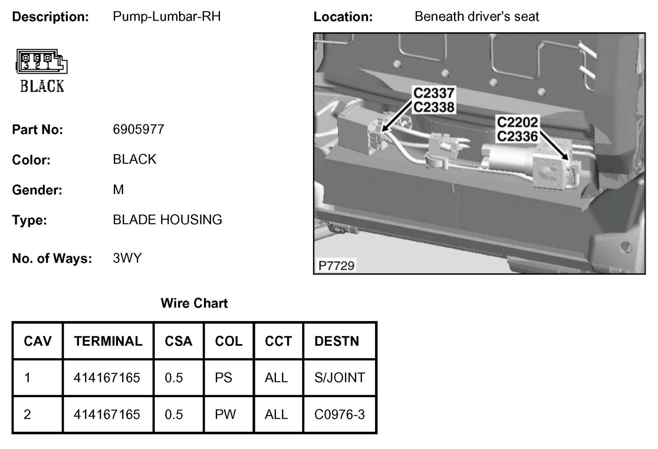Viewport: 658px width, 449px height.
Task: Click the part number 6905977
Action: click(x=138, y=130)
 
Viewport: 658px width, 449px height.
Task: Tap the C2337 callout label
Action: click(x=433, y=93)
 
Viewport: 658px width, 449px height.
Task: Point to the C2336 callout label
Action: click(x=517, y=136)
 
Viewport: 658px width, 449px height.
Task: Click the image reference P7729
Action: click(x=336, y=265)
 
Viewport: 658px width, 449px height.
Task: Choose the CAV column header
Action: click(x=38, y=341)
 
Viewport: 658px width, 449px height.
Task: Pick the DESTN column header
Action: click(x=336, y=341)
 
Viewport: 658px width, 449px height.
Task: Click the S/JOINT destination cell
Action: click(x=339, y=378)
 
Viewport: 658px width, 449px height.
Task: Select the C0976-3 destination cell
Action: click(x=339, y=414)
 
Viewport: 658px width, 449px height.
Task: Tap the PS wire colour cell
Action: click(x=223, y=378)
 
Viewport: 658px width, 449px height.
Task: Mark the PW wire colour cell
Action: click(x=225, y=414)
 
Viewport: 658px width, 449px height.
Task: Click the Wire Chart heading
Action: click(x=194, y=303)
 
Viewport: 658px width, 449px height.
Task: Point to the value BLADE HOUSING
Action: click(x=167, y=220)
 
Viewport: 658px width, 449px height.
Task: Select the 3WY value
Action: click(x=127, y=258)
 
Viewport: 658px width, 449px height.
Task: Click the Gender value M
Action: click(x=118, y=190)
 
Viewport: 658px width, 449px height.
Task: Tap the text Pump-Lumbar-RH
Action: click(x=167, y=16)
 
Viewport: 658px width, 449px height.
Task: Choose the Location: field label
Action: click(x=343, y=17)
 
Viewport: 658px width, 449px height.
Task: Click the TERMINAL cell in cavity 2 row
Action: click(x=107, y=414)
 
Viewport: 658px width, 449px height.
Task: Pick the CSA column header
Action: click(x=178, y=341)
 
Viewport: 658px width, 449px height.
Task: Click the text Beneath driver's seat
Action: click(x=477, y=16)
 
